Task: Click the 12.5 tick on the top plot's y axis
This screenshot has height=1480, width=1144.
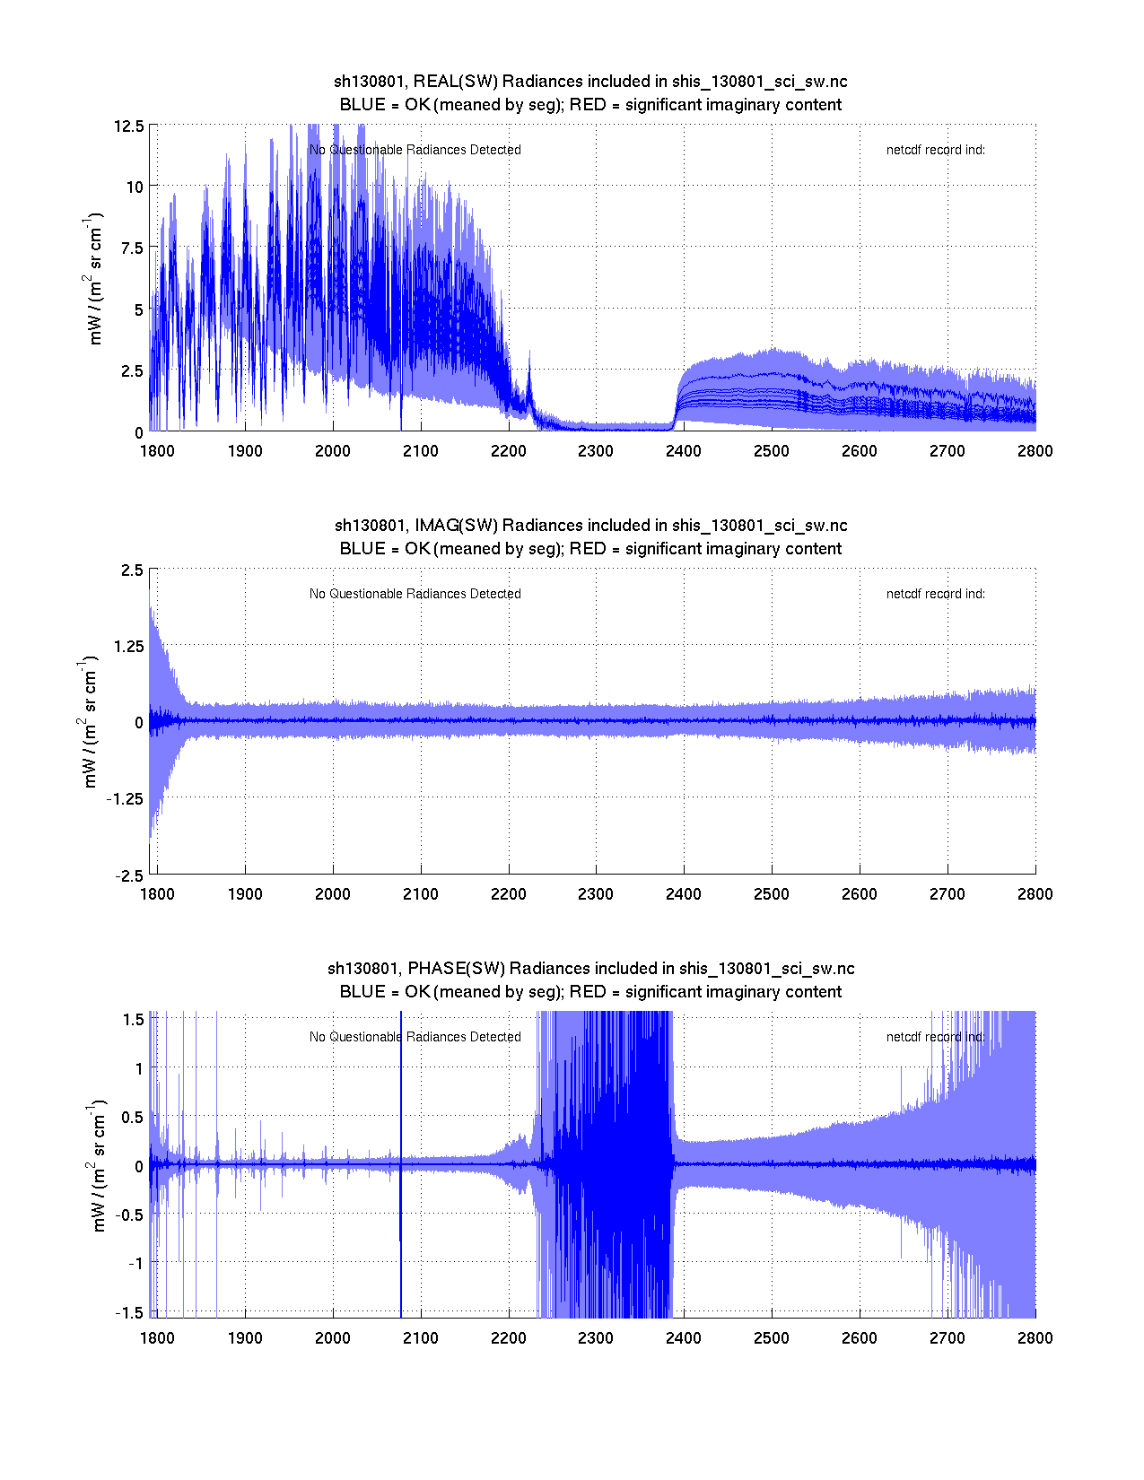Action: click(128, 126)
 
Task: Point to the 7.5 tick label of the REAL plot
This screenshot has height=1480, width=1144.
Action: click(131, 248)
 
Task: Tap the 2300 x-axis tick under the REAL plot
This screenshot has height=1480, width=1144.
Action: click(596, 451)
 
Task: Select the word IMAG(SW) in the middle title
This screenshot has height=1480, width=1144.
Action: click(456, 526)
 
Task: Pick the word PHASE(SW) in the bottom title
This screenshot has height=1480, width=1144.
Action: click(457, 969)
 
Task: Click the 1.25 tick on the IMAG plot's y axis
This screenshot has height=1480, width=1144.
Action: click(127, 647)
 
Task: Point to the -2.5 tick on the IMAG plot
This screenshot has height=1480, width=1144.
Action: click(129, 876)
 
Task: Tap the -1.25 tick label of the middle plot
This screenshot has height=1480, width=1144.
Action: click(125, 799)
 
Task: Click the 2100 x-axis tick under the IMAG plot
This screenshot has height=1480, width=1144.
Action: click(420, 894)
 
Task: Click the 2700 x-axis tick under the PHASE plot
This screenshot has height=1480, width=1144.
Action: click(948, 1338)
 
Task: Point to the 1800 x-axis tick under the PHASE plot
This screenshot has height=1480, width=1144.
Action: click(157, 1338)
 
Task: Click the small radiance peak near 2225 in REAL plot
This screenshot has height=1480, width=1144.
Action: click(529, 368)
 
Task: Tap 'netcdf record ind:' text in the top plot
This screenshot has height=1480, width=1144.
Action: click(935, 150)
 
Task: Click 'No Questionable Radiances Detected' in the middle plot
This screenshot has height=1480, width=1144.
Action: click(415, 594)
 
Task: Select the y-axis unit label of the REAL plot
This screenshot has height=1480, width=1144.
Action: click(94, 278)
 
